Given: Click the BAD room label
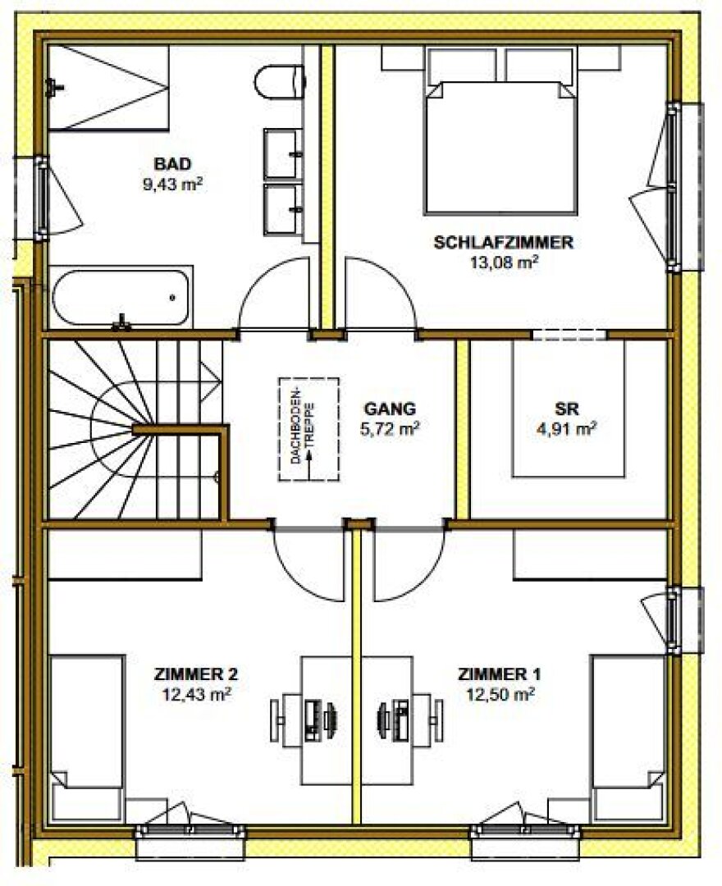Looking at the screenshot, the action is pos(173,164).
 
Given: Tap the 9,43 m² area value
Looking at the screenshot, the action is pos(173,185).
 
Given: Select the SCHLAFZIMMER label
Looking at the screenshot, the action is pos(504,242).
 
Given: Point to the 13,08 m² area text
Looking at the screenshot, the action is pos(504,263).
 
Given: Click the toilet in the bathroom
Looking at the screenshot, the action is pos(280,84).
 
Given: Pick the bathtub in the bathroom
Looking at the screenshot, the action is pos(121,298).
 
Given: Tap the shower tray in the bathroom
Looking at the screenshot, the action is pos(108,88).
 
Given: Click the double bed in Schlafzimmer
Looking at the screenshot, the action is pos(500,148).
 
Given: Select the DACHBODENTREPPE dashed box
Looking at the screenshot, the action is pos(308,429).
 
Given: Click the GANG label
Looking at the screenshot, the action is pos(390,409).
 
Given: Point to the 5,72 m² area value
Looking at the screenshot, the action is pos(390,429).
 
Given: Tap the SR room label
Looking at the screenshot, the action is pos(566,409).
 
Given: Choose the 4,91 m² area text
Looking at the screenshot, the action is pos(566,429).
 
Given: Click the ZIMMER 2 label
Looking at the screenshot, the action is pos(196,674).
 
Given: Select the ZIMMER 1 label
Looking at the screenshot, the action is pos(500,674).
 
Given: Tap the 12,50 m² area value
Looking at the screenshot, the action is pos(500,695).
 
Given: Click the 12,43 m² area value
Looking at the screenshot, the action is pos(197,695).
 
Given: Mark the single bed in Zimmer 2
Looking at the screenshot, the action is pos(87,739).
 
